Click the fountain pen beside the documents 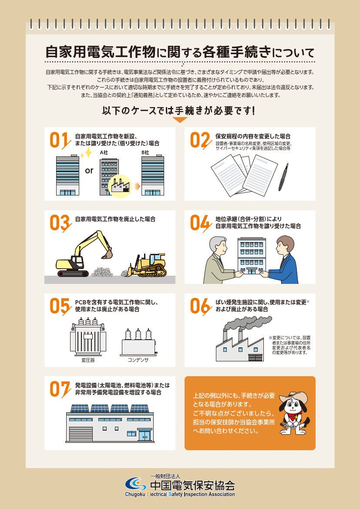283,177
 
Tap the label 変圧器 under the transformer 88,360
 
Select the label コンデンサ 138,360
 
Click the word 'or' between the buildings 89,170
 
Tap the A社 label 104,152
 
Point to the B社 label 145,152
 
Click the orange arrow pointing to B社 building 137,186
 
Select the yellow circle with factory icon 120,186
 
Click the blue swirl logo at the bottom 136,484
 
